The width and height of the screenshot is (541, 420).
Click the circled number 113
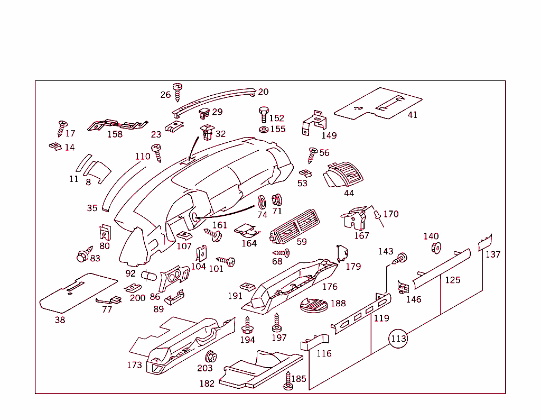399,339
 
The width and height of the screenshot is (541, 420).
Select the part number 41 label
412,115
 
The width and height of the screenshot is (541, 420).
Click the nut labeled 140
436,248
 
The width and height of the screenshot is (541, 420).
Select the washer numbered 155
263,129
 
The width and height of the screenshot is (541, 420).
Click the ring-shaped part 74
262,202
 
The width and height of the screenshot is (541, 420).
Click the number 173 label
134,365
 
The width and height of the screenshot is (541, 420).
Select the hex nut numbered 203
210,356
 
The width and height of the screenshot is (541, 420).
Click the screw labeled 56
312,155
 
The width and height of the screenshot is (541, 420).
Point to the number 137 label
493,254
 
